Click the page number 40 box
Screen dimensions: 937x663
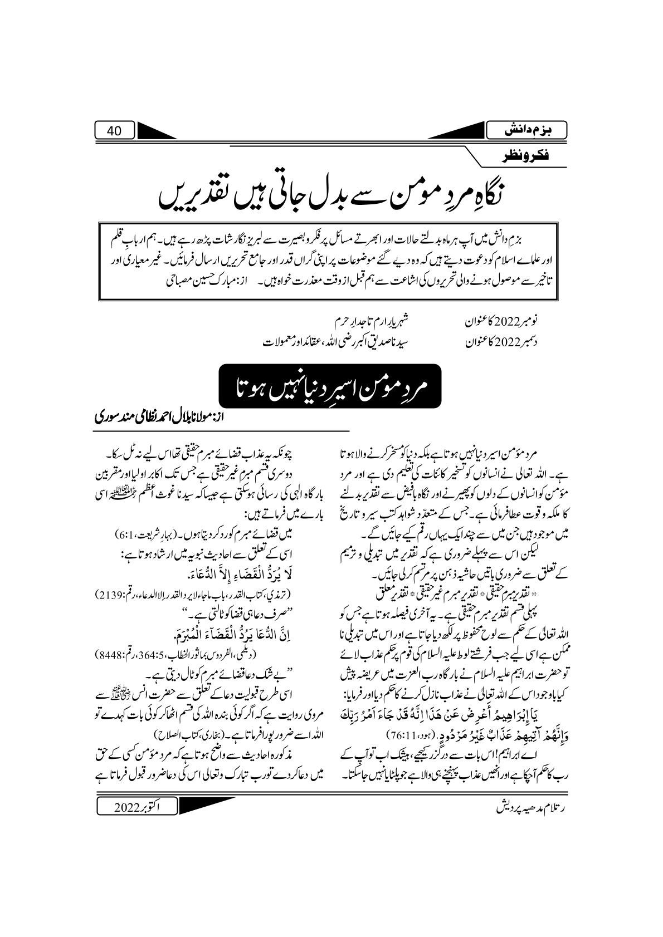[114, 131]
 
